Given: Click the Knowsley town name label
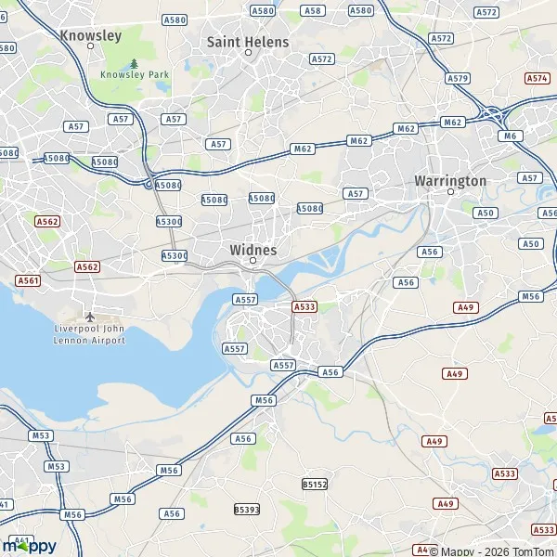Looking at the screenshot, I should [90, 35].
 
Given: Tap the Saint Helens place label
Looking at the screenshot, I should [248, 42].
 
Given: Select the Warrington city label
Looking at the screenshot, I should [450, 180].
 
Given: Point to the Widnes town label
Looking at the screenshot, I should [253, 250].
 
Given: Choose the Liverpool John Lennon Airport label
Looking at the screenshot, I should [89, 334].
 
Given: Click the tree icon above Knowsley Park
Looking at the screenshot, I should [134, 63].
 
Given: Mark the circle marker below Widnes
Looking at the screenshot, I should [253, 262].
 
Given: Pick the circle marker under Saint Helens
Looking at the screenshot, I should [248, 53].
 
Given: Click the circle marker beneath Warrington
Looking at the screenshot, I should [450, 192].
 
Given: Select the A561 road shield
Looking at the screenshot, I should [28, 279].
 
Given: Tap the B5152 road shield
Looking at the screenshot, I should [315, 485].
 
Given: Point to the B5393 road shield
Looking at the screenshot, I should [247, 510].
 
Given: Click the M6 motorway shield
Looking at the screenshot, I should [508, 136].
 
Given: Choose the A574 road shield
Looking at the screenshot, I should [538, 79].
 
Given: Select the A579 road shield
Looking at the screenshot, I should [458, 79].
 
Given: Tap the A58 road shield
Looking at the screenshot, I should [313, 10].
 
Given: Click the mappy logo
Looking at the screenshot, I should [30, 546].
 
